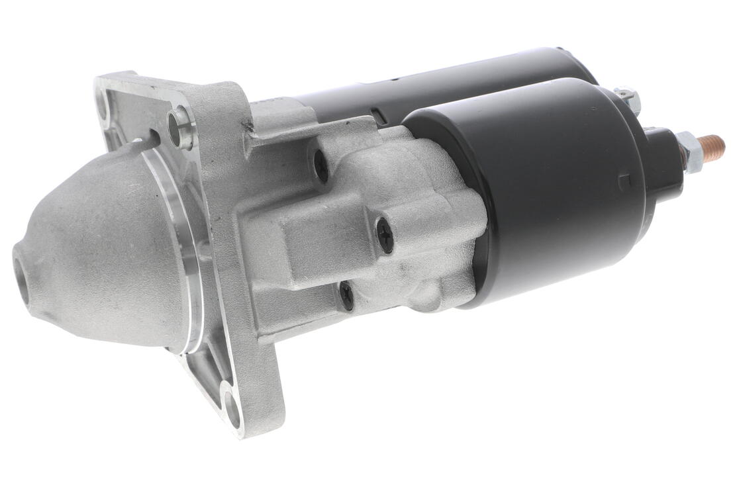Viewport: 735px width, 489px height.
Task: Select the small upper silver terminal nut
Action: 626,99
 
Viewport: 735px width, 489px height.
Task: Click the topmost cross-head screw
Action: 321,165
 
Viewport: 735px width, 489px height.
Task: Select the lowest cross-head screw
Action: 346,295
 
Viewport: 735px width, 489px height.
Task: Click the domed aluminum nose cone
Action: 99,251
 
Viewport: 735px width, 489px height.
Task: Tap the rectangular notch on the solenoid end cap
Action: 622,181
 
